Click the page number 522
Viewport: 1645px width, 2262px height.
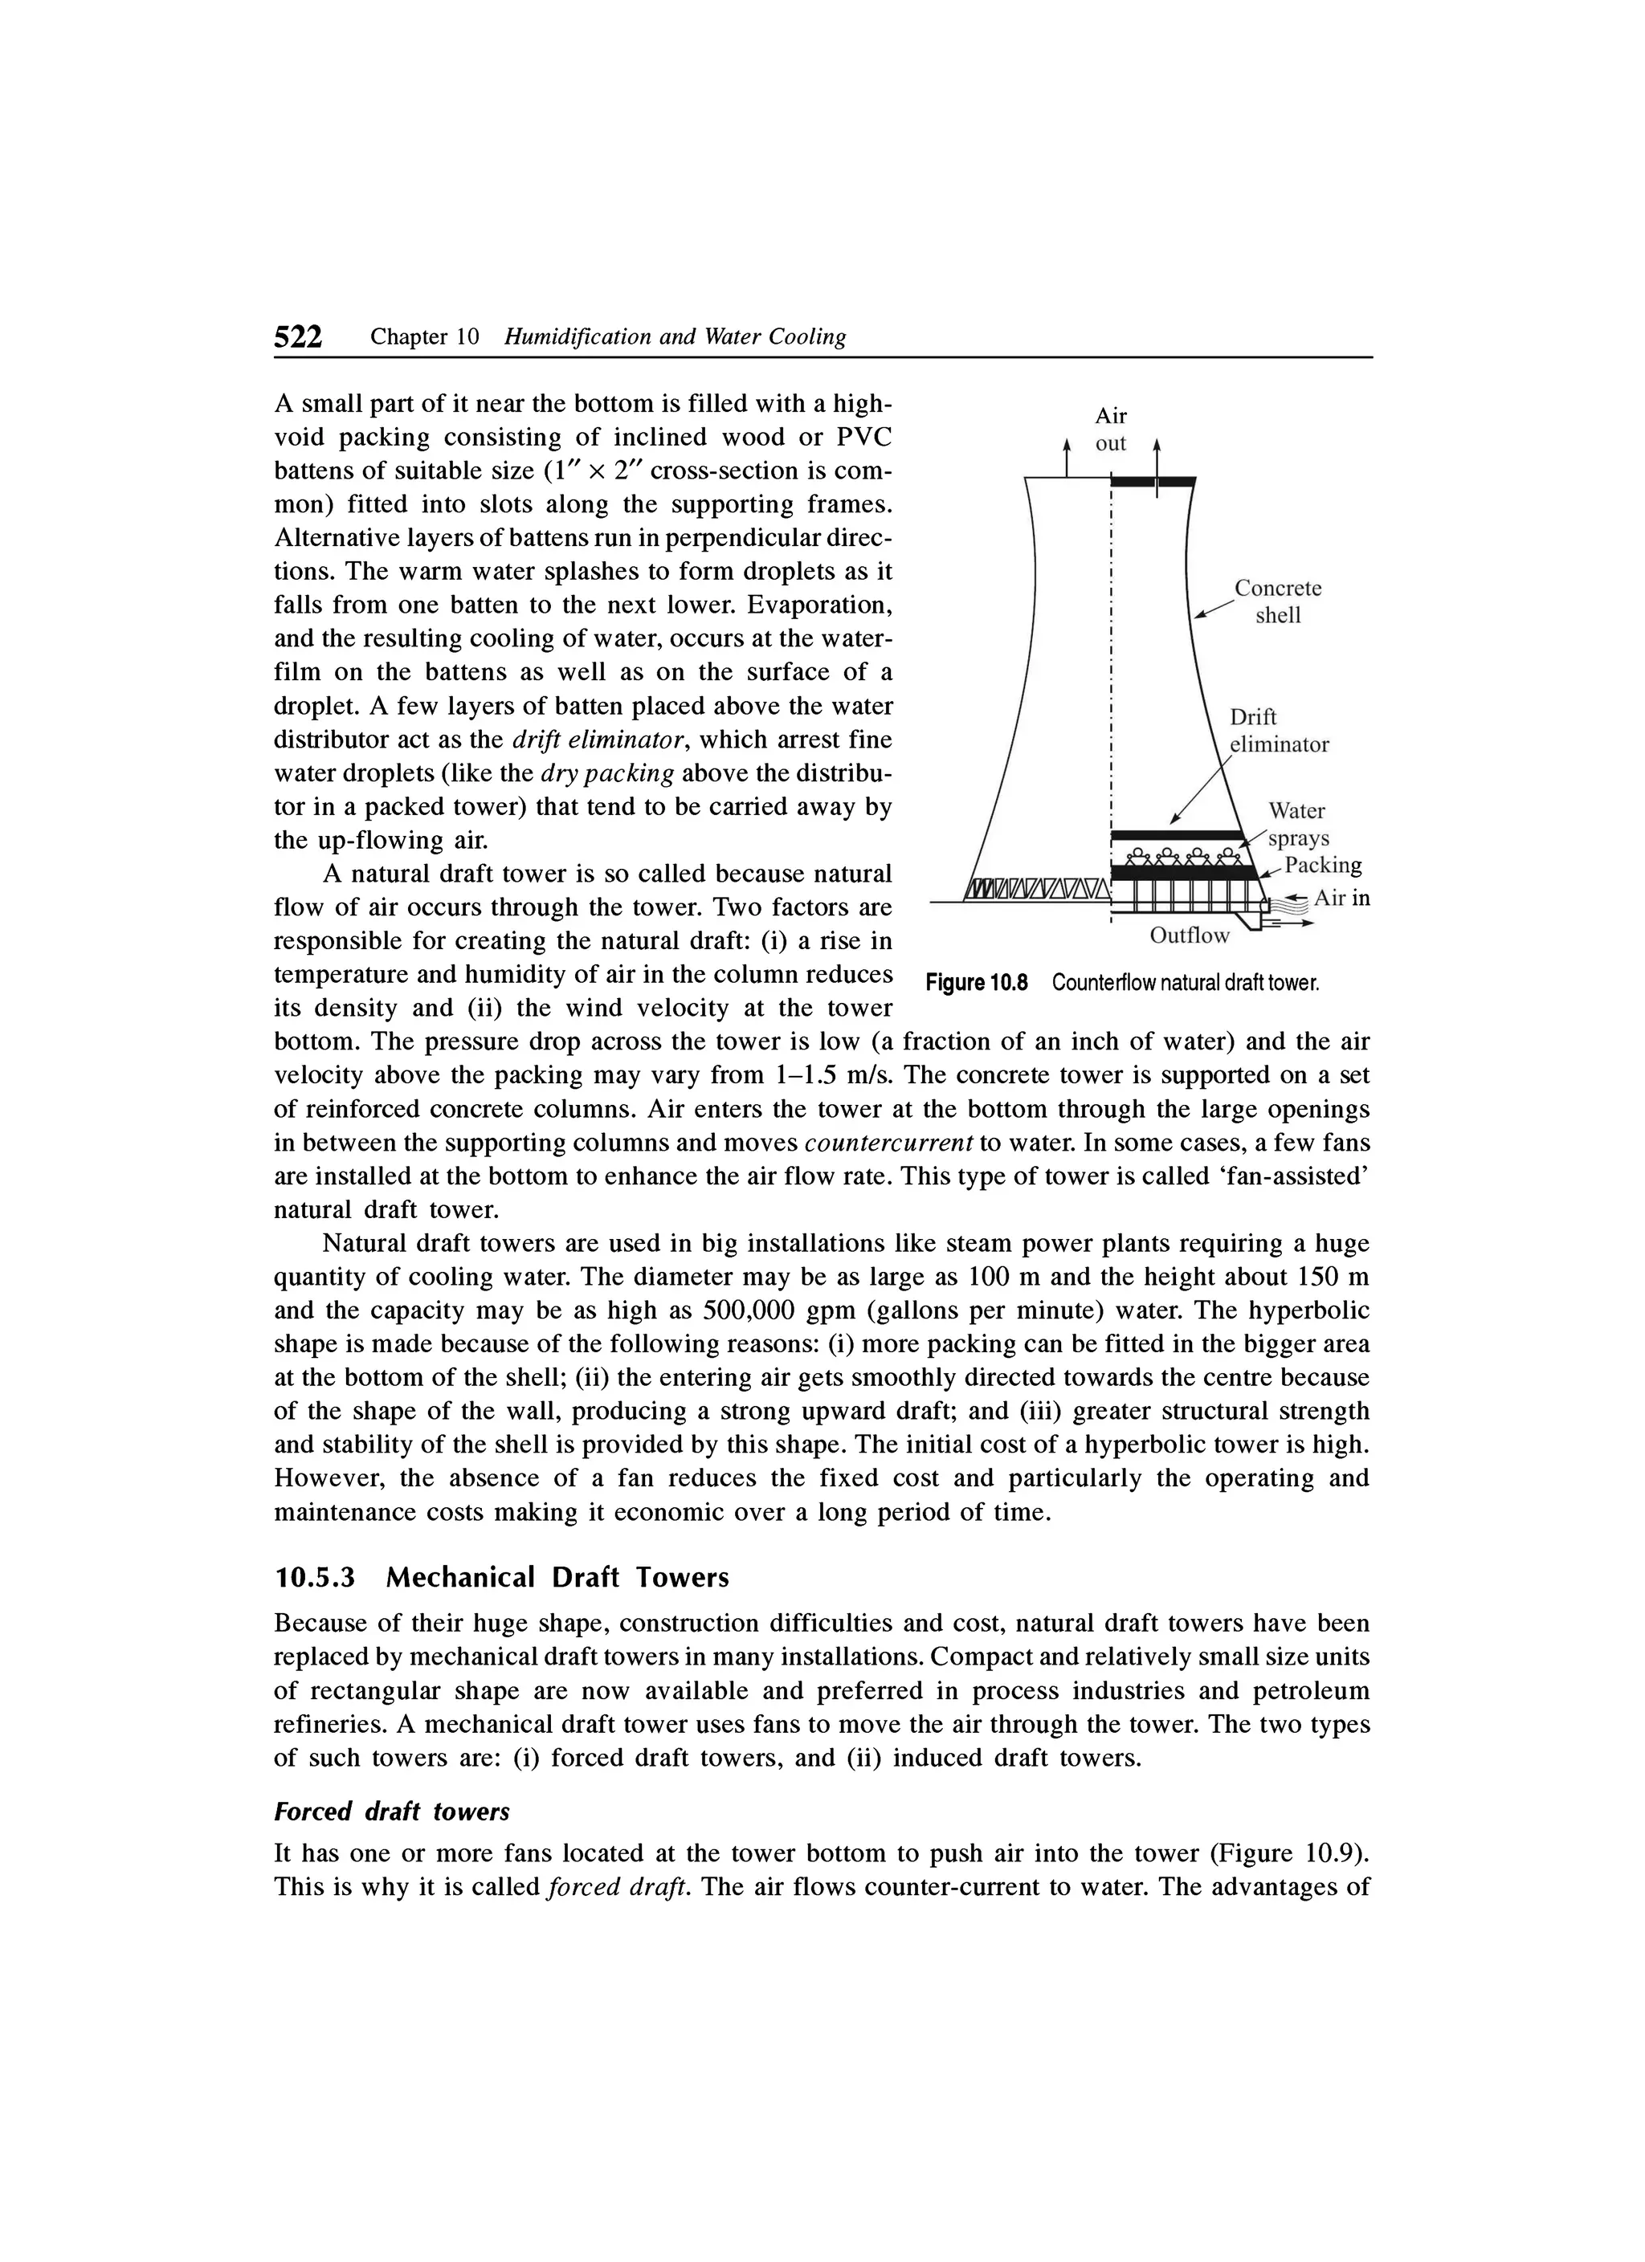pyautogui.click(x=298, y=338)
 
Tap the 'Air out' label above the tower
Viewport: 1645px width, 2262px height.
pyautogui.click(x=1110, y=430)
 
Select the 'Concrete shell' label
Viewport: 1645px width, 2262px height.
pyautogui.click(x=1278, y=601)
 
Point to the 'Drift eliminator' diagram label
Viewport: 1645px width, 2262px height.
pyautogui.click(x=1278, y=731)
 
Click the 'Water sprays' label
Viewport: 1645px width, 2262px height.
pyautogui.click(x=1297, y=824)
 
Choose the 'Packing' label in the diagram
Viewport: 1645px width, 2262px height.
pyautogui.click(x=1322, y=864)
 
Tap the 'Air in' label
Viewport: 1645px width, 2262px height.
pyautogui.click(x=1341, y=899)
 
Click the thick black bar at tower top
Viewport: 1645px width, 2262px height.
pyautogui.click(x=1152, y=483)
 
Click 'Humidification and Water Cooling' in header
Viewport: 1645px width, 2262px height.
pyautogui.click(x=676, y=338)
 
